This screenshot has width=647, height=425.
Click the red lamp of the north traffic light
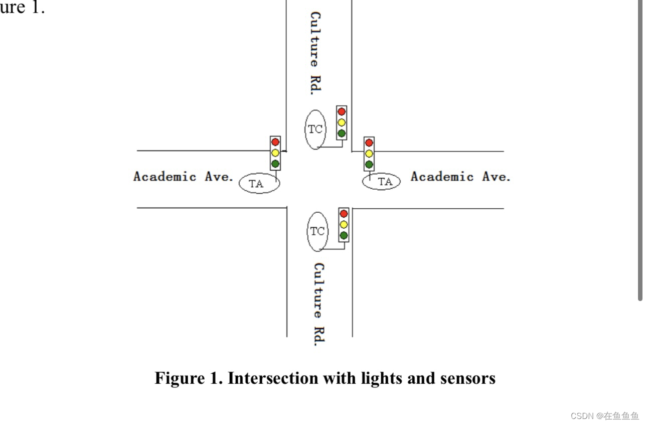pyautogui.click(x=342, y=111)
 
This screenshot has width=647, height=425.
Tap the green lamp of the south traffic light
pyautogui.click(x=344, y=235)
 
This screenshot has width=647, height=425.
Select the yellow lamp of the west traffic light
pyautogui.click(x=275, y=153)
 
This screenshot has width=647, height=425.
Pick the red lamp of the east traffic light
pyautogui.click(x=369, y=143)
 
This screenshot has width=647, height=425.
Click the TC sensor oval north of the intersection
pyautogui.click(x=315, y=129)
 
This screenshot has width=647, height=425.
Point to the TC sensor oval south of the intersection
pyautogui.click(x=317, y=231)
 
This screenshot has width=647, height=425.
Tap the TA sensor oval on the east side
pyautogui.click(x=382, y=182)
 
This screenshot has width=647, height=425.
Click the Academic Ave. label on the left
pyautogui.click(x=184, y=177)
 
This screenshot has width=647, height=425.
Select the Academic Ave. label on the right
pyautogui.click(x=460, y=177)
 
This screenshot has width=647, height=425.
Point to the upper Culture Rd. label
pyautogui.click(x=315, y=53)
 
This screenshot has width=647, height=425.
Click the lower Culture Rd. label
pyautogui.click(x=318, y=304)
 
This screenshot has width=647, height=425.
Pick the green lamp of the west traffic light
pyautogui.click(x=275, y=164)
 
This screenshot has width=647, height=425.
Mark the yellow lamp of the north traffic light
pyautogui.click(x=342, y=122)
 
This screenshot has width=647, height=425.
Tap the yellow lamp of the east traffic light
pyautogui.click(x=369, y=154)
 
